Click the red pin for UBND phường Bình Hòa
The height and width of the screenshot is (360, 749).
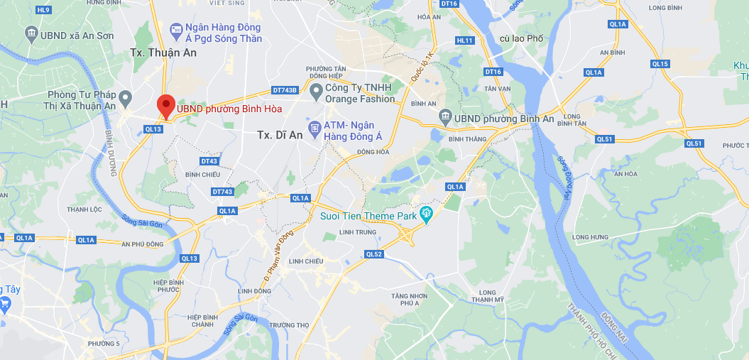point(165,106)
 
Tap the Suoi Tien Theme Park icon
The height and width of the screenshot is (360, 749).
point(427,213)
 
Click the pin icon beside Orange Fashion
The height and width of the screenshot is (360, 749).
point(315,90)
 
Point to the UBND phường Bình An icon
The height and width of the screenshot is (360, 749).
point(445,115)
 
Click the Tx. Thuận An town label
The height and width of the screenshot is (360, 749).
point(163,53)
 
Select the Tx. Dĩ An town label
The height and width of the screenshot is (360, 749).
point(280,135)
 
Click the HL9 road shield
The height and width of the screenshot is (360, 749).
point(43,9)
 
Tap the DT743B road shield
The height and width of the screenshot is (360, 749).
point(285,90)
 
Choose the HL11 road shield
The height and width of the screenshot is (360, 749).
point(465,40)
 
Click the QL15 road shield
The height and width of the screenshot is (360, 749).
point(660,64)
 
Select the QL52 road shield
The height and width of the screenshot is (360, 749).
point(374,253)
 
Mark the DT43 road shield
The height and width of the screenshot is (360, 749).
point(209,161)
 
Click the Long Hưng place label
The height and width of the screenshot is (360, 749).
point(591,237)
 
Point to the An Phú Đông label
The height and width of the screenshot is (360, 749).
point(143,244)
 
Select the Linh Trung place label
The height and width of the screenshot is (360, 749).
point(356,231)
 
